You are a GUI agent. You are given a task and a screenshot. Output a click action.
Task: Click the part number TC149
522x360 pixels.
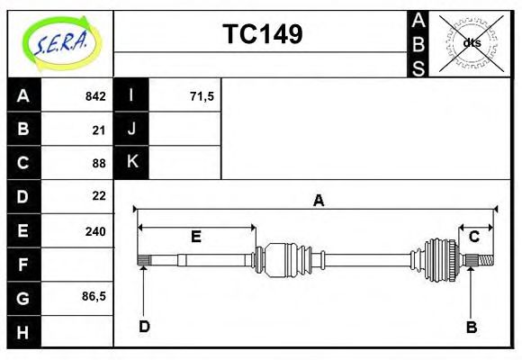click(262, 34)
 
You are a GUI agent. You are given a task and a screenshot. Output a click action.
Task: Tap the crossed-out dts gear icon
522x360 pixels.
click(470, 42)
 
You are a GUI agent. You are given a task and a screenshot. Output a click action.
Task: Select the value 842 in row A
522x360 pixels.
click(94, 96)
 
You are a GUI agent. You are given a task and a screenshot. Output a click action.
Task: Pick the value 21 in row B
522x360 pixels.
click(98, 130)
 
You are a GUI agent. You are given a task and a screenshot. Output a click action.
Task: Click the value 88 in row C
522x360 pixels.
click(98, 163)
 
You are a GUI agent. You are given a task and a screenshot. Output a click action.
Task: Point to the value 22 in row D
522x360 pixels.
click(98, 195)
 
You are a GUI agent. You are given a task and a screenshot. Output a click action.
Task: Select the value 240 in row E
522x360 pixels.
click(94, 230)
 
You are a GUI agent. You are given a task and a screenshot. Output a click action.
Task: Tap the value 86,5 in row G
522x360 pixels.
click(93, 294)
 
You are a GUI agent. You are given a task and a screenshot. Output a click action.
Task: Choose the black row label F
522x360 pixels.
click(23, 265)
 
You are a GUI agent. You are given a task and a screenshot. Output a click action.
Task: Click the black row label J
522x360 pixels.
click(131, 129)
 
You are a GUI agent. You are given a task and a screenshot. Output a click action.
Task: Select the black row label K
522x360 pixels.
click(131, 162)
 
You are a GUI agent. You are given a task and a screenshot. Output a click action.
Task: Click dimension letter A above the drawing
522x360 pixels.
click(318, 201)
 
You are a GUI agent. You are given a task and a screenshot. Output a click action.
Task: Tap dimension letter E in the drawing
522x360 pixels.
click(195, 237)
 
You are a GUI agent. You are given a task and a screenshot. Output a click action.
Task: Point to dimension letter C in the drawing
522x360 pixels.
click(473, 237)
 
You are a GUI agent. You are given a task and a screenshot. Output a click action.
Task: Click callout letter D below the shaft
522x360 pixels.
click(144, 326)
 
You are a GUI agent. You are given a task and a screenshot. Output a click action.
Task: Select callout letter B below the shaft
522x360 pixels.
click(471, 327)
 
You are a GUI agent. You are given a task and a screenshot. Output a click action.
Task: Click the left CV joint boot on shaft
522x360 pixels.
click(288, 259)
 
